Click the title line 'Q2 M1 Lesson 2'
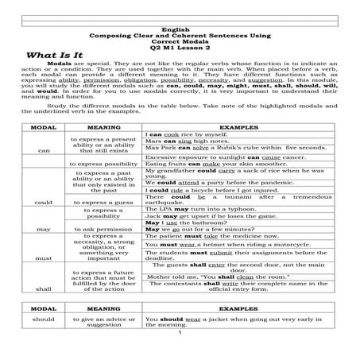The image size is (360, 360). (x=179, y=47)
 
